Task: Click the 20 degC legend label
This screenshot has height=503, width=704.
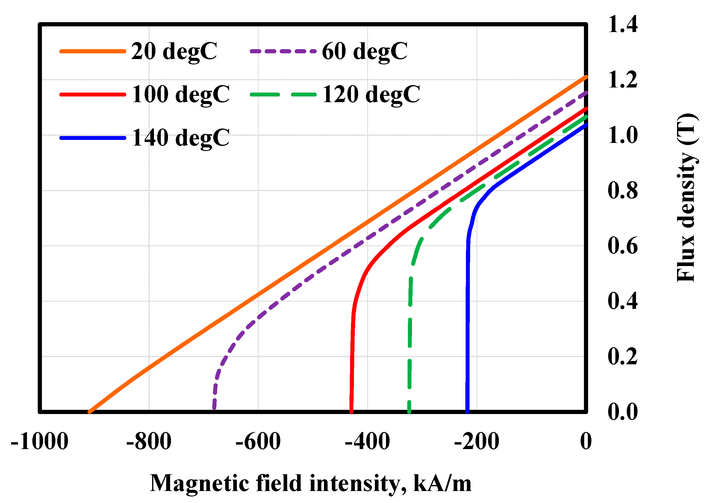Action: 174,51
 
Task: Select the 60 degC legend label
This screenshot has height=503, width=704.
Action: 364,51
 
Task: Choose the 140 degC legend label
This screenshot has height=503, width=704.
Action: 181,138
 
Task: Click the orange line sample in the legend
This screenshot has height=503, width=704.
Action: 93,51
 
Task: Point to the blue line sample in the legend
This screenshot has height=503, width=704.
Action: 93,138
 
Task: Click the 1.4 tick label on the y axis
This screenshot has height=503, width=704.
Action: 622,25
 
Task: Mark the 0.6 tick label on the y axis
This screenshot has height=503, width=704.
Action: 622,246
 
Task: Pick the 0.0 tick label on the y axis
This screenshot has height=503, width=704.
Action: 622,412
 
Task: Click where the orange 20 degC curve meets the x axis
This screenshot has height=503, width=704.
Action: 90,412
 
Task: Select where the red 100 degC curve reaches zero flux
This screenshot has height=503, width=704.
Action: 351,412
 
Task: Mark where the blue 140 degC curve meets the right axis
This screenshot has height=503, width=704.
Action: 585,125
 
